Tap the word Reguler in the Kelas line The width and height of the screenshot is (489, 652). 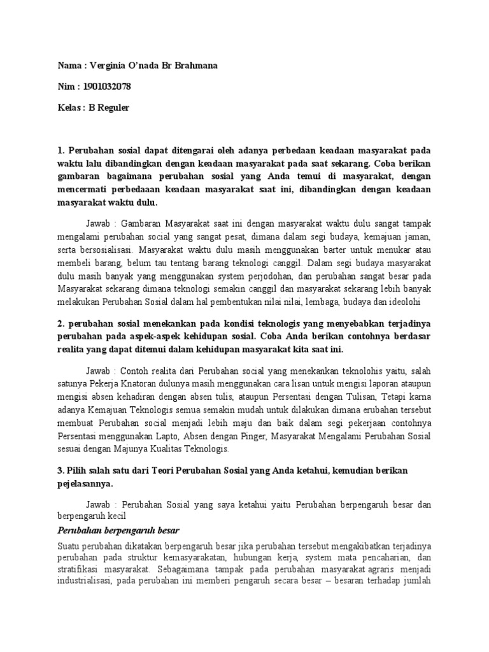(x=113, y=108)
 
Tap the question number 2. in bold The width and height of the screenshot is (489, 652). (x=62, y=323)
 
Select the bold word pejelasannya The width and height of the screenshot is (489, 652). (x=86, y=484)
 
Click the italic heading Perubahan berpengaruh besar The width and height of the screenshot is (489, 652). (x=118, y=530)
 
